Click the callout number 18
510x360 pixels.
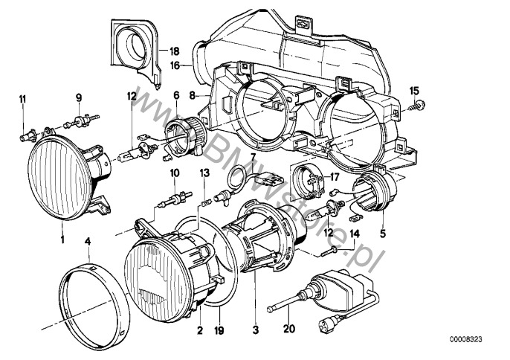click(174, 51)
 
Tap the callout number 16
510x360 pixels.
click(175, 65)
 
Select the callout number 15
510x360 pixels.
click(414, 91)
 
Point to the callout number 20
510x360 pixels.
click(288, 329)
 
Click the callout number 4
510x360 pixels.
click(88, 242)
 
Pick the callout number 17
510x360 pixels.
click(334, 177)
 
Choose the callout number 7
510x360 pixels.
click(254, 155)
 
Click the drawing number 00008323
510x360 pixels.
click(466, 339)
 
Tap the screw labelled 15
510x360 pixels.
click(419, 106)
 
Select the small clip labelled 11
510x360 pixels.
click(27, 135)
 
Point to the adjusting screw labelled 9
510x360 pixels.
click(81, 120)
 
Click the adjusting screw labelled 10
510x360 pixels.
click(174, 199)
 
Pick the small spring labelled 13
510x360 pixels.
click(205, 204)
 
